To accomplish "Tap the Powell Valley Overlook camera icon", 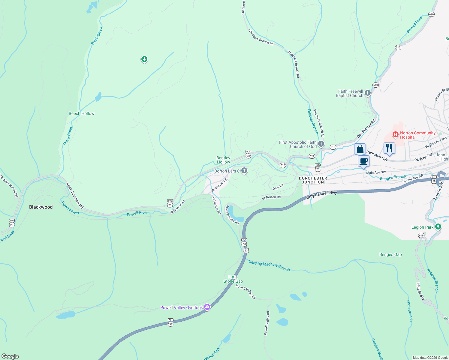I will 207,307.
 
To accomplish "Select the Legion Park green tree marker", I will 438,226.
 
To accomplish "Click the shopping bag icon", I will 360,149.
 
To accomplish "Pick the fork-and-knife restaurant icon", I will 389,148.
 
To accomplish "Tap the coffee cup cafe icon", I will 363,161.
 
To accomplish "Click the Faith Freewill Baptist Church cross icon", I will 368,93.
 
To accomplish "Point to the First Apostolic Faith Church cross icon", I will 321,144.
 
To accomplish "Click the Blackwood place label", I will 41,207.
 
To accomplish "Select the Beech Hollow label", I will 82,113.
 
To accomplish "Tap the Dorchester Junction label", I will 313,180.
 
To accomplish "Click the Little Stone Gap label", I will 233,279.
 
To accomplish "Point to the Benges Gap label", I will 390,254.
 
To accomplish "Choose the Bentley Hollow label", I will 223,160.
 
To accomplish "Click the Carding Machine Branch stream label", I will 269,265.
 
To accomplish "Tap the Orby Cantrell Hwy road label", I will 321,195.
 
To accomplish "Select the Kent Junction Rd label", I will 75,196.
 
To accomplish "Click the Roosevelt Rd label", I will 219,185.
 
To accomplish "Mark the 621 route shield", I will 312,156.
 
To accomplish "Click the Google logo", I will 10,356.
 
